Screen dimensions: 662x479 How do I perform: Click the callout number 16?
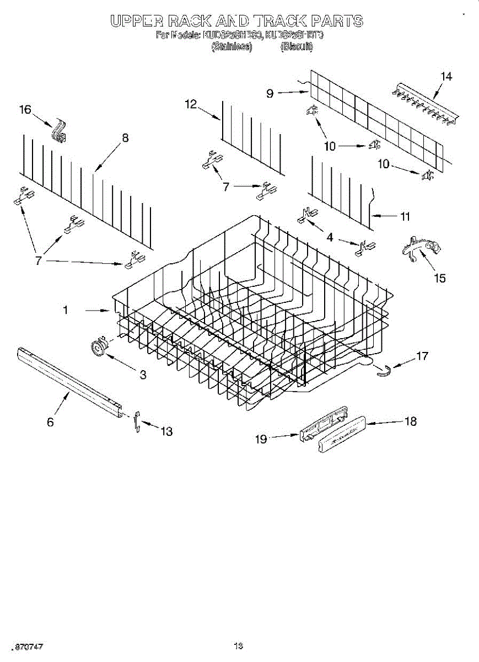pyautogui.click(x=25, y=110)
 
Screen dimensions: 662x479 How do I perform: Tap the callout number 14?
pyautogui.click(x=446, y=77)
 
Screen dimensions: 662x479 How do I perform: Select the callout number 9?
pyautogui.click(x=270, y=93)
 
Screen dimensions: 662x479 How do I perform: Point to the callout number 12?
pyautogui.click(x=191, y=104)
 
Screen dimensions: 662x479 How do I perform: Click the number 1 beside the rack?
pyautogui.click(x=66, y=311)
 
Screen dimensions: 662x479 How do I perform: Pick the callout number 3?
pyautogui.click(x=143, y=375)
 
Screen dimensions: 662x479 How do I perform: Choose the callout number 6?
pyautogui.click(x=50, y=422)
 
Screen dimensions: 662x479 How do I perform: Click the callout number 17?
pyautogui.click(x=422, y=356)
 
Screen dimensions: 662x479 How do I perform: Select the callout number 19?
pyautogui.click(x=261, y=439)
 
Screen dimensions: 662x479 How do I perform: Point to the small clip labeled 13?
pyautogui.click(x=137, y=422)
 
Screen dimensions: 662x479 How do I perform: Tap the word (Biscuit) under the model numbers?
pyautogui.click(x=297, y=47)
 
